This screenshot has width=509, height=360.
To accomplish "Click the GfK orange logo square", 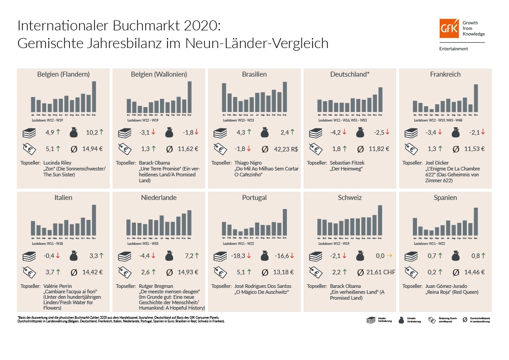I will [x=449, y=28].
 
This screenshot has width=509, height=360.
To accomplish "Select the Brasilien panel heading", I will [x=254, y=74].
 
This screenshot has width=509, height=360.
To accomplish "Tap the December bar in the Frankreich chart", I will [x=476, y=98].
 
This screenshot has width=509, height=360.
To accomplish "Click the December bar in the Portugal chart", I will [x=285, y=222].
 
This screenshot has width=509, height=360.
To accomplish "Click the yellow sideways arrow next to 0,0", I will [x=388, y=256].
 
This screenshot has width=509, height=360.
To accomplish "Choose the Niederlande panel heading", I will [x=159, y=198].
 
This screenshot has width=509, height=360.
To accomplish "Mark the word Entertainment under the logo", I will [x=453, y=49].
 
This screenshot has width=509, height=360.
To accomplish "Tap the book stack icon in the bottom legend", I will [x=371, y=320].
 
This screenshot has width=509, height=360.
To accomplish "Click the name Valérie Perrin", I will [x=59, y=286].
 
